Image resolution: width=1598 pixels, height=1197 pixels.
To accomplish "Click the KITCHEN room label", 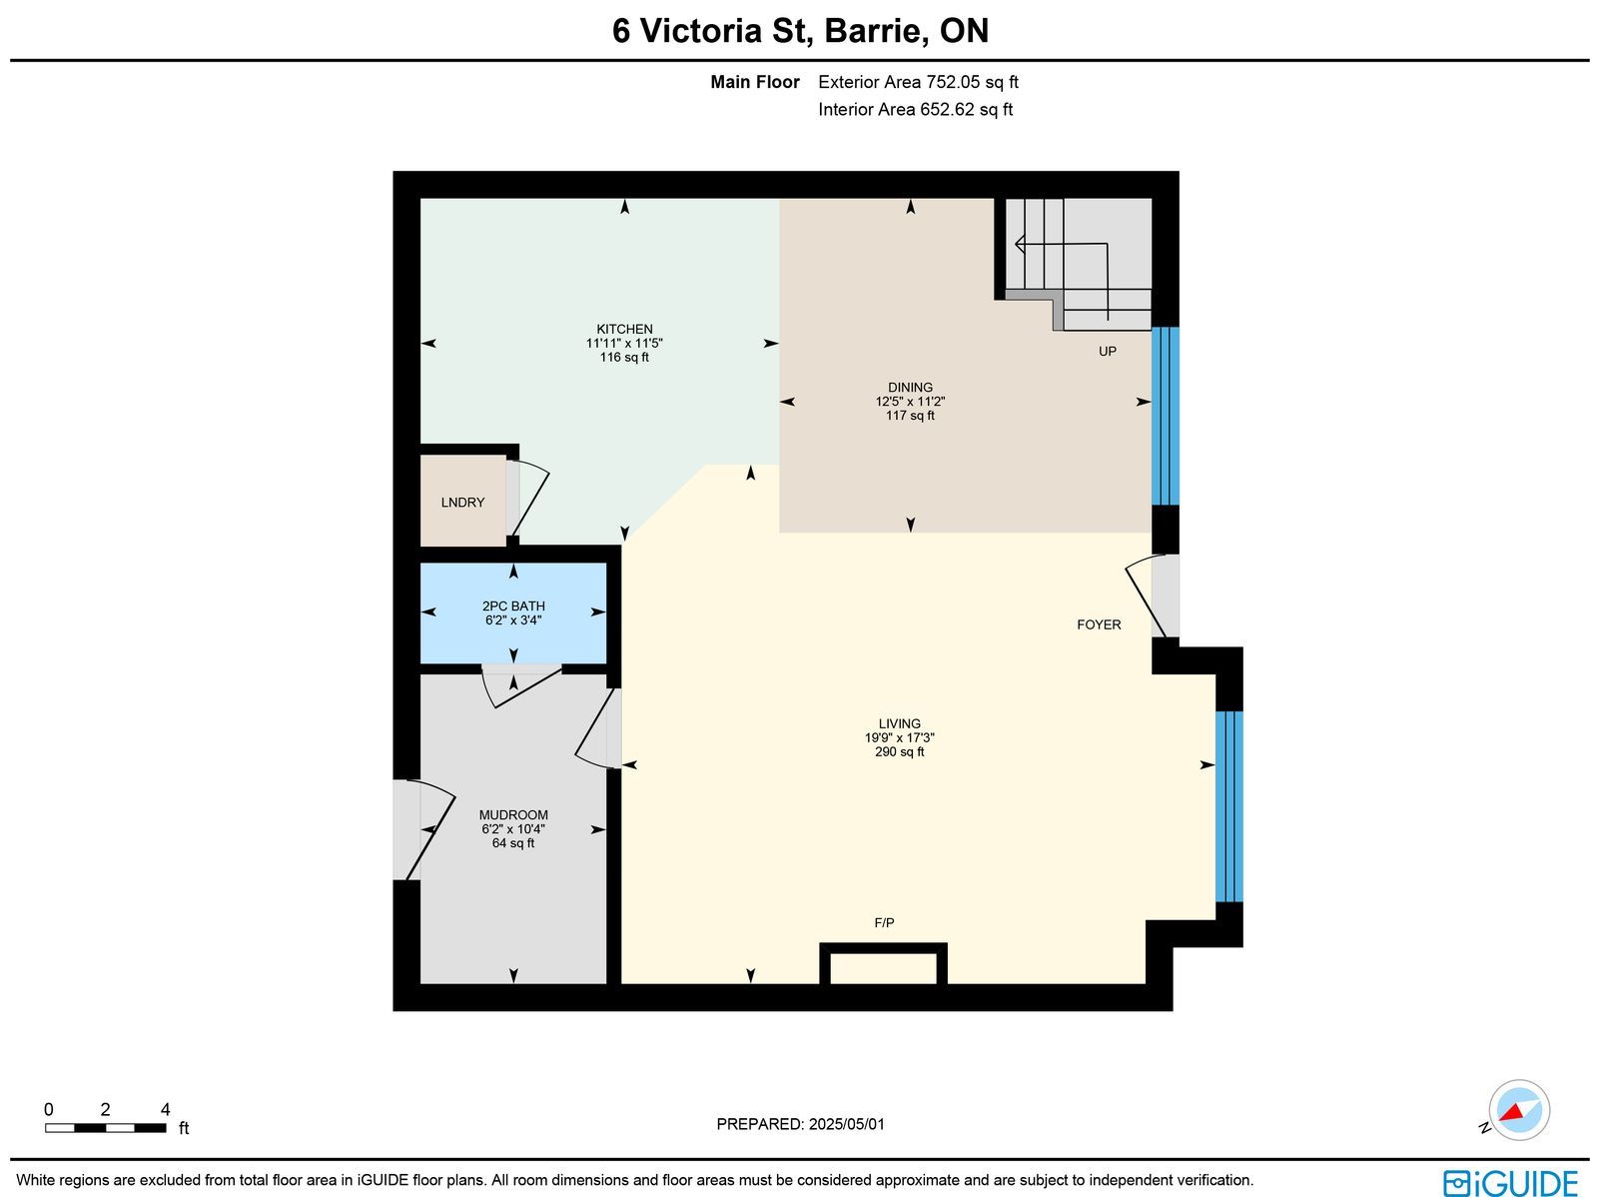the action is (x=624, y=329).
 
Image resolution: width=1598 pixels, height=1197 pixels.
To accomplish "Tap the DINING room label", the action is (x=910, y=388).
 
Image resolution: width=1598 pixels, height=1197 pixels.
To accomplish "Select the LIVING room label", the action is (x=899, y=723).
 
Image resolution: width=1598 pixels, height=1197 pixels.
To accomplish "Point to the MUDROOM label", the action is (x=513, y=815).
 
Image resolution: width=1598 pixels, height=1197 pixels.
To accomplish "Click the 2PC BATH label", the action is (x=513, y=605).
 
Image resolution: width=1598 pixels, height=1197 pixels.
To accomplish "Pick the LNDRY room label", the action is (x=462, y=503).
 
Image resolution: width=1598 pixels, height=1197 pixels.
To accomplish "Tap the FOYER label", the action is (x=1099, y=624).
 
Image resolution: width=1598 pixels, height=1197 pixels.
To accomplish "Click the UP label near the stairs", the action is (x=1108, y=351).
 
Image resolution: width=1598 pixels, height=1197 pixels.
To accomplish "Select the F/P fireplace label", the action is (x=884, y=922).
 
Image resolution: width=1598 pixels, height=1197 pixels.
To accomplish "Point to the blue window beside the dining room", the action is (x=1165, y=416).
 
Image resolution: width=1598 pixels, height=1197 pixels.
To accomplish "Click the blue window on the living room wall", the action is (x=1228, y=806).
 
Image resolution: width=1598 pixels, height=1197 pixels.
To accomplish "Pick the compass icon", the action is (x=1519, y=1110).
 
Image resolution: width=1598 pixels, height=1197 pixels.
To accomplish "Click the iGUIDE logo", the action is (x=1510, y=1182).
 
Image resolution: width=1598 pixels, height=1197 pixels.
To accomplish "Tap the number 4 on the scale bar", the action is (x=165, y=1109).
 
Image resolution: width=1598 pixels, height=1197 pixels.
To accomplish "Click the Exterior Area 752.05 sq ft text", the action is (x=918, y=82).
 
